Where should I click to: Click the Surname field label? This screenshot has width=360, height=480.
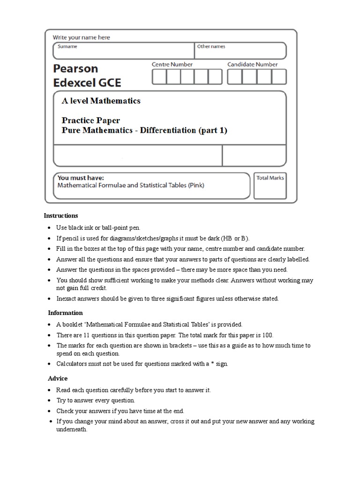[67, 47]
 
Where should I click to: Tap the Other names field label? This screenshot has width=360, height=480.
[211, 47]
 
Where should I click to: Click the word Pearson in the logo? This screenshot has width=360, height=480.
[75, 68]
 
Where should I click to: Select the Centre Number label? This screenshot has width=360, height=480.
[172, 64]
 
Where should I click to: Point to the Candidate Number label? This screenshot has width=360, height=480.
[253, 64]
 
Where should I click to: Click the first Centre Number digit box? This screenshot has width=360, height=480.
[159, 76]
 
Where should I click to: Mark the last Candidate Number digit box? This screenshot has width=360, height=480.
[279, 76]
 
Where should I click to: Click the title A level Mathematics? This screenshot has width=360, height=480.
[101, 101]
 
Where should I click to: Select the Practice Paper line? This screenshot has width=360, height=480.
[91, 120]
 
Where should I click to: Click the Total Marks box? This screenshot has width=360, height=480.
[270, 186]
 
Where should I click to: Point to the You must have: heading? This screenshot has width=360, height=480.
[81, 178]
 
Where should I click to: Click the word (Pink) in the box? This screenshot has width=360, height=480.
[196, 185]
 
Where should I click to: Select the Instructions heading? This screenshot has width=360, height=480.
[61, 216]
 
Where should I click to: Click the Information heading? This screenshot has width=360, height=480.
[65, 313]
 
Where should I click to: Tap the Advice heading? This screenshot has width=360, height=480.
[58, 378]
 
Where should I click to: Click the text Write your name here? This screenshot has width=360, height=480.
[82, 37]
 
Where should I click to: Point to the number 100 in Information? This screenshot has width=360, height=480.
[267, 335]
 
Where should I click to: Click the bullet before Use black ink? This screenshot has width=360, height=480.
[49, 227]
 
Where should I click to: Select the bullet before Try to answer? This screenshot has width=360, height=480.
[49, 401]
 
